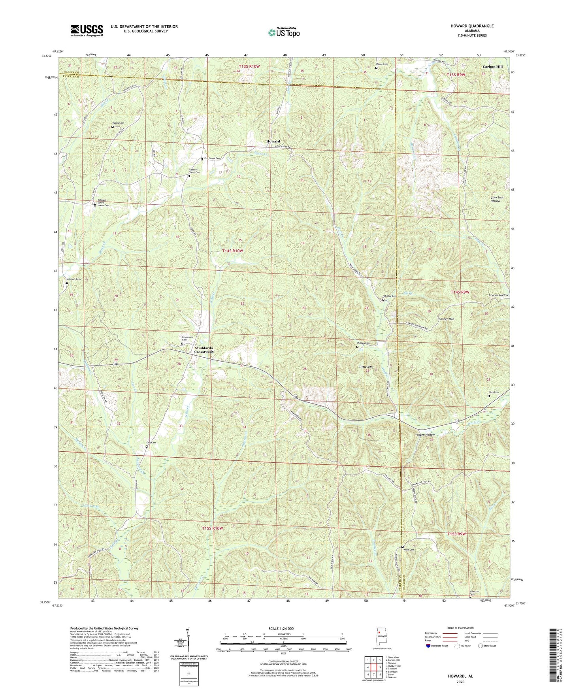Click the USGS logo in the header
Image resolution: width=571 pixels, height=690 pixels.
click(87, 30)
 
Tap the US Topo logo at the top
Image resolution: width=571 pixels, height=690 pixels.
click(283, 32)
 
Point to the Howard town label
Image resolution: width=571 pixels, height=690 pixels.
click(273, 141)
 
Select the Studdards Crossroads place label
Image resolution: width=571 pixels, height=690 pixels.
click(204, 350)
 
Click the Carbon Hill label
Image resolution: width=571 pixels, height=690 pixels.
click(492, 67)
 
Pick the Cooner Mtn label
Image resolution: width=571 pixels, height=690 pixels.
click(446, 319)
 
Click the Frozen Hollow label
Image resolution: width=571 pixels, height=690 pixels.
click(424, 435)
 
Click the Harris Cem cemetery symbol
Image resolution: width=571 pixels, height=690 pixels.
click(112, 127)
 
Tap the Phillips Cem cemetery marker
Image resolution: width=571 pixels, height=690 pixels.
click(357, 347)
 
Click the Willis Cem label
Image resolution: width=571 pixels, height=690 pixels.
click(409, 550)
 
